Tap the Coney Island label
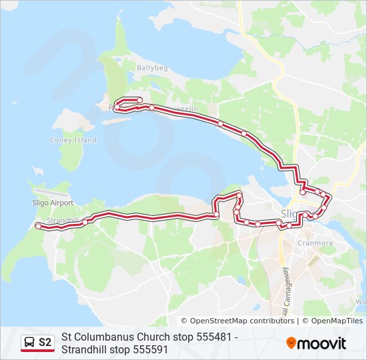[x=73, y=140]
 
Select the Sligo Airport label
[x=52, y=202]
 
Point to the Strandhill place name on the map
[x=63, y=220]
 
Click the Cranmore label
[x=316, y=243]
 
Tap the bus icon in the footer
[x=29, y=343]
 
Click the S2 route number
[x=45, y=343]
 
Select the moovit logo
[x=316, y=343]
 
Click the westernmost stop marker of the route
[x=38, y=227]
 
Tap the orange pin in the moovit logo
[x=292, y=343]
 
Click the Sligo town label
[x=290, y=213]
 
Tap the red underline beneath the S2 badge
[x=37, y=351]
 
